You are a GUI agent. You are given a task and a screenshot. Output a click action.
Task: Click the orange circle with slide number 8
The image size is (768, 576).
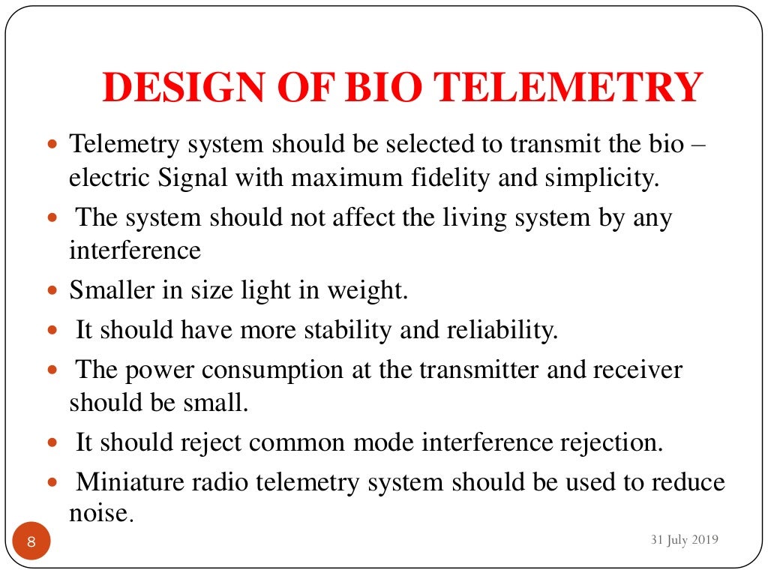coord(31,541)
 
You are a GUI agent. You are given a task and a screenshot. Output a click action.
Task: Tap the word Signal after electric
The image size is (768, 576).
coord(197,178)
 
